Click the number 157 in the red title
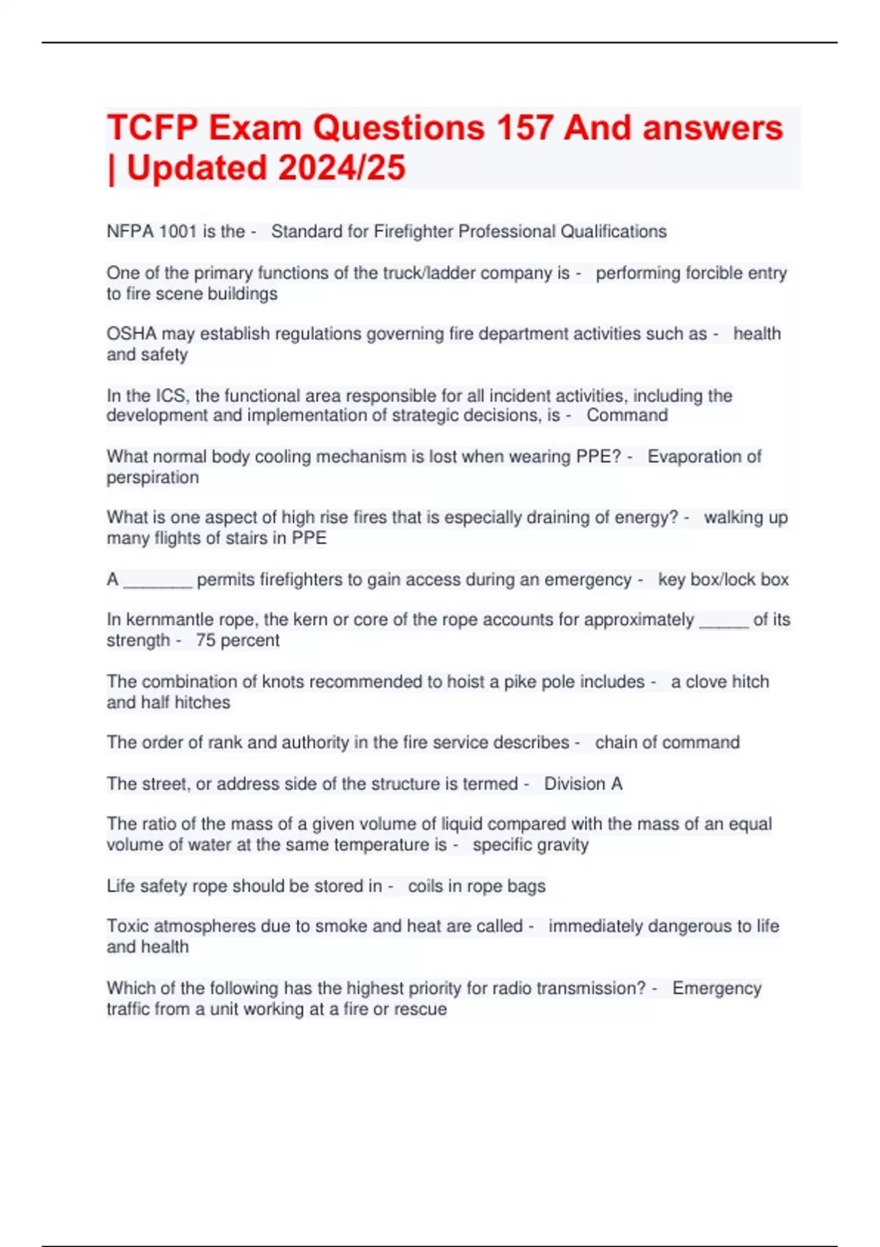pos(524,128)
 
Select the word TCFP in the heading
pos(152,128)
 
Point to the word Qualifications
pos(614,232)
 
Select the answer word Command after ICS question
pos(627,415)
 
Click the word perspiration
pos(153,478)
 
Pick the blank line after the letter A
pos(158,580)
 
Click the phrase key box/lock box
pos(723,579)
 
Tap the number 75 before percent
pos(205,640)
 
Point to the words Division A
pos(583,783)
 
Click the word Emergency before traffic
pos(716,988)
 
